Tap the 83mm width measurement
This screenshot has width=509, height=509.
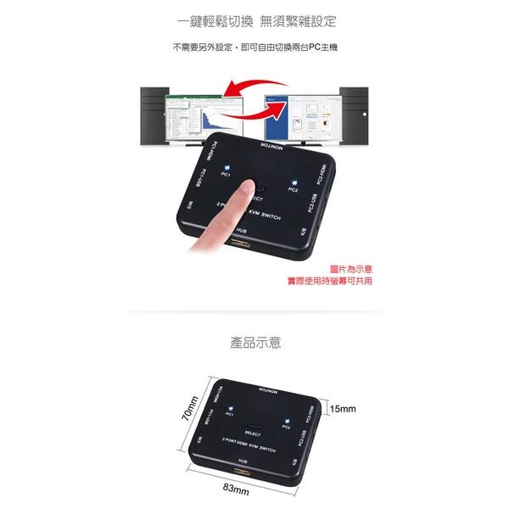click(235, 489)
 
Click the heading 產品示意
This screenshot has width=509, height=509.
click(255, 344)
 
